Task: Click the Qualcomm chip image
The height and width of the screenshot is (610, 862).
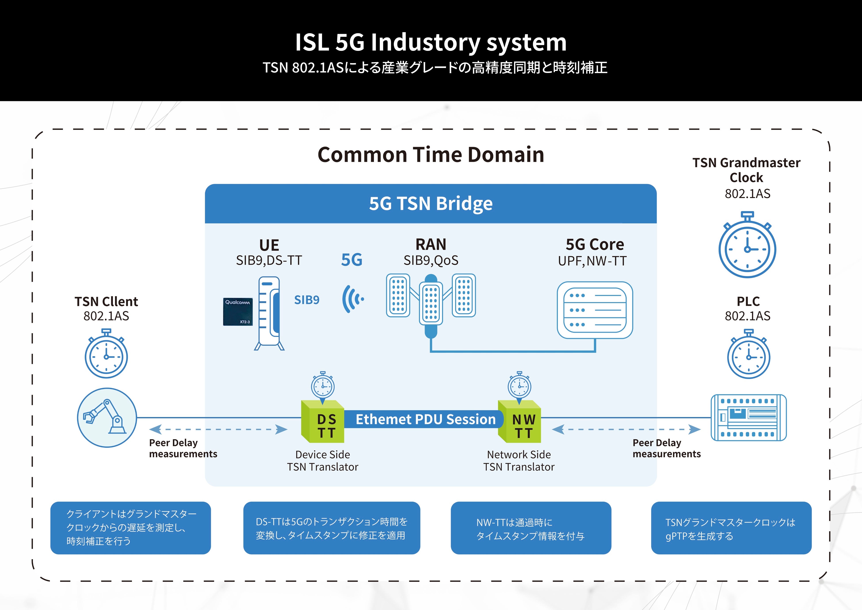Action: [238, 312]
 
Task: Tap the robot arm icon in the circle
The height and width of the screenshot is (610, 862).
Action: [107, 418]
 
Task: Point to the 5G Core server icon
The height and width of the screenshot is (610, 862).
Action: [595, 310]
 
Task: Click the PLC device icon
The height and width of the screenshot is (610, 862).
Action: [749, 417]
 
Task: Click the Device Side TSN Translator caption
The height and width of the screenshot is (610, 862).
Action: [322, 461]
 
